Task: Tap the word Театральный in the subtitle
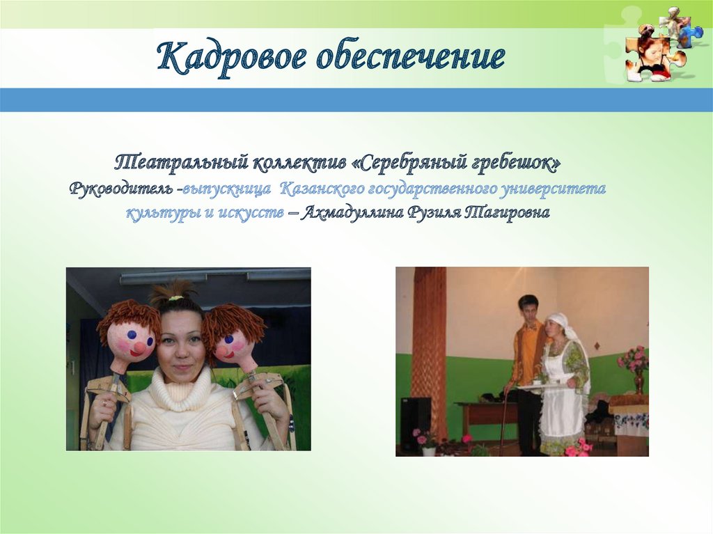coord(180,164)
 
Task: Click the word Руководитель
coord(121,189)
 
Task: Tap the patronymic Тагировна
coord(507,213)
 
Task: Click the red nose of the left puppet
coord(140,348)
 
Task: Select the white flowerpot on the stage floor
coord(428,450)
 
